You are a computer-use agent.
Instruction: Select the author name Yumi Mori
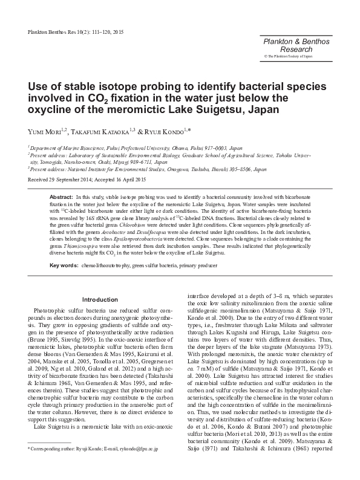pos(48,132)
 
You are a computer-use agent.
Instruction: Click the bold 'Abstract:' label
pos(61,198)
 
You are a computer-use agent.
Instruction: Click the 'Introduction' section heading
pos(99,299)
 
